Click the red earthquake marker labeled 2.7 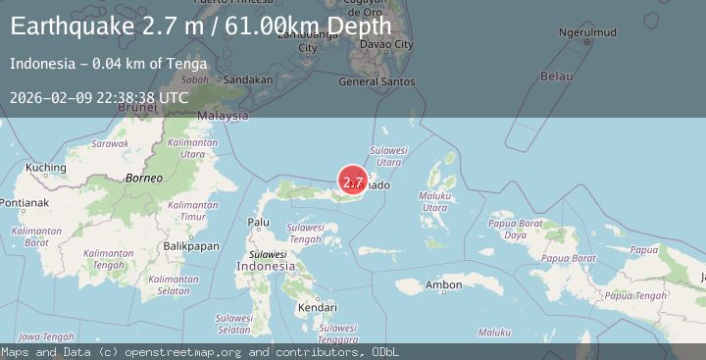pos(353,180)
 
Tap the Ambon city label pos(443,285)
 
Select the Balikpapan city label pos(191,246)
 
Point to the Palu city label pos(259,223)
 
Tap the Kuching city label pos(45,168)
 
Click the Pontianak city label pos(25,203)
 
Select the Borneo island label pos(143,178)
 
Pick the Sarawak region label pos(110,143)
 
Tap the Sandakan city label pos(247,79)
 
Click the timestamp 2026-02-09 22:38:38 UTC pos(99,97)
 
